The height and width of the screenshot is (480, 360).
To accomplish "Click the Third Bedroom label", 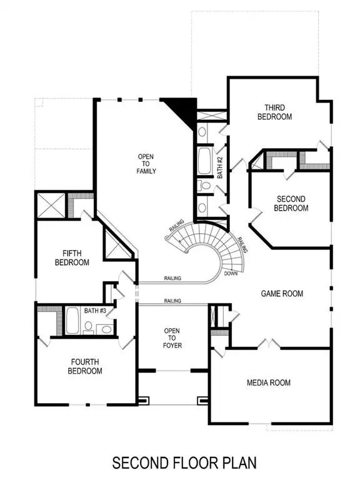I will (274, 112).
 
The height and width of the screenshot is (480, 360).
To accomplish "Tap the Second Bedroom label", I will (291, 204).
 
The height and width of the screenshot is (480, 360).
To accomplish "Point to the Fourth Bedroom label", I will (86, 366).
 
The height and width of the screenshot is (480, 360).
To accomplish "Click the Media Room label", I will (268, 382).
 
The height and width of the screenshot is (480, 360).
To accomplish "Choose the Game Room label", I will (281, 293).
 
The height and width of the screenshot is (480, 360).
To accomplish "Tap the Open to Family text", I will (147, 164).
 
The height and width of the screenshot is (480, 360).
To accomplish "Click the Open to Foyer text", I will (172, 337).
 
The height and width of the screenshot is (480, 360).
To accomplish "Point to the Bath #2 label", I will (220, 167).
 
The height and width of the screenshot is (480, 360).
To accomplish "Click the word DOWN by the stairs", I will (230, 274).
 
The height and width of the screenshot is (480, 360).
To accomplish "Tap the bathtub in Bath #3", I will (72, 322).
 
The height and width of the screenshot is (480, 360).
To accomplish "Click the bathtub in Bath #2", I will (204, 161).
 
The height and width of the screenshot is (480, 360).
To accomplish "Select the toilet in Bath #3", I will (89, 326).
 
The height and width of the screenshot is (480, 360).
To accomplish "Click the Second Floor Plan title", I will (184, 462).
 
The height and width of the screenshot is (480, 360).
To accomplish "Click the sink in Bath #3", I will (106, 328).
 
